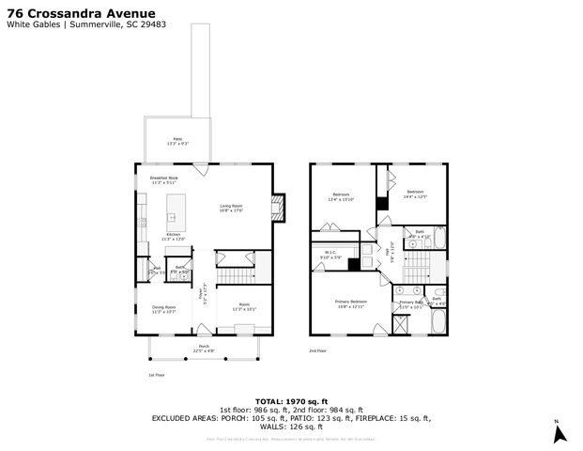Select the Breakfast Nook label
(163, 179)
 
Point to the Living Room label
(232, 208)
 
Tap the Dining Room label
(164, 309)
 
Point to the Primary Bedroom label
(351, 303)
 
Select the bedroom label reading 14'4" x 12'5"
(414, 194)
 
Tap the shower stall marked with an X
(401, 326)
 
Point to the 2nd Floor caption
(319, 351)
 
